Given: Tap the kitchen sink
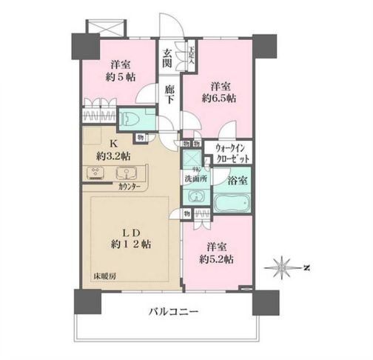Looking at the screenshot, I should pyautogui.click(x=127, y=174).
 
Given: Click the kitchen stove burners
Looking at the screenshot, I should pyautogui.click(x=98, y=174).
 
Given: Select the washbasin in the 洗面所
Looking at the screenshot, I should pyautogui.click(x=195, y=198).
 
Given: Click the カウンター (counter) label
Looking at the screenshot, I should pyautogui.click(x=131, y=188).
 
